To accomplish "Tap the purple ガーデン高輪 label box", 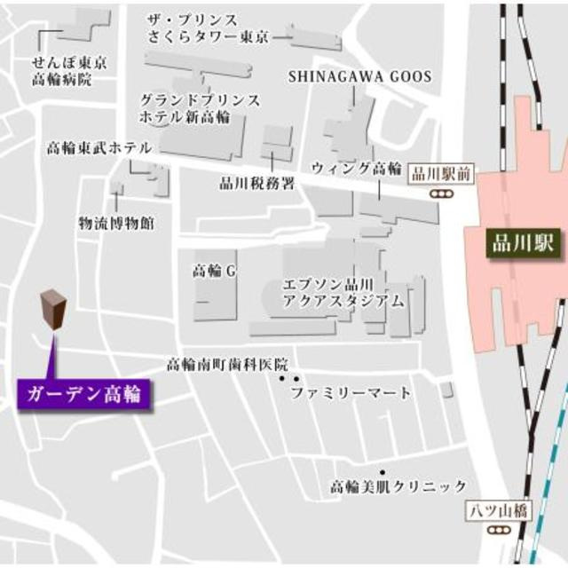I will (x=83, y=391).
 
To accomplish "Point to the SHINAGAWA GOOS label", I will (x=359, y=77).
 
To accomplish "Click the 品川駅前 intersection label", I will (x=443, y=175).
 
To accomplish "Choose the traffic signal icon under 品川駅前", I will (x=438, y=193).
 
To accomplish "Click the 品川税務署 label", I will (x=257, y=184).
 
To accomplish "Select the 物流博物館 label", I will (x=115, y=222).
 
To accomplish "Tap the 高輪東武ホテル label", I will (x=99, y=148).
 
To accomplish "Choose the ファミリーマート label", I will (x=351, y=392).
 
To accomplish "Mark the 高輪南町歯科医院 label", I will (x=228, y=365).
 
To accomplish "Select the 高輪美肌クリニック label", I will (x=398, y=486).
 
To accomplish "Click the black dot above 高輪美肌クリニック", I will (x=383, y=472).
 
